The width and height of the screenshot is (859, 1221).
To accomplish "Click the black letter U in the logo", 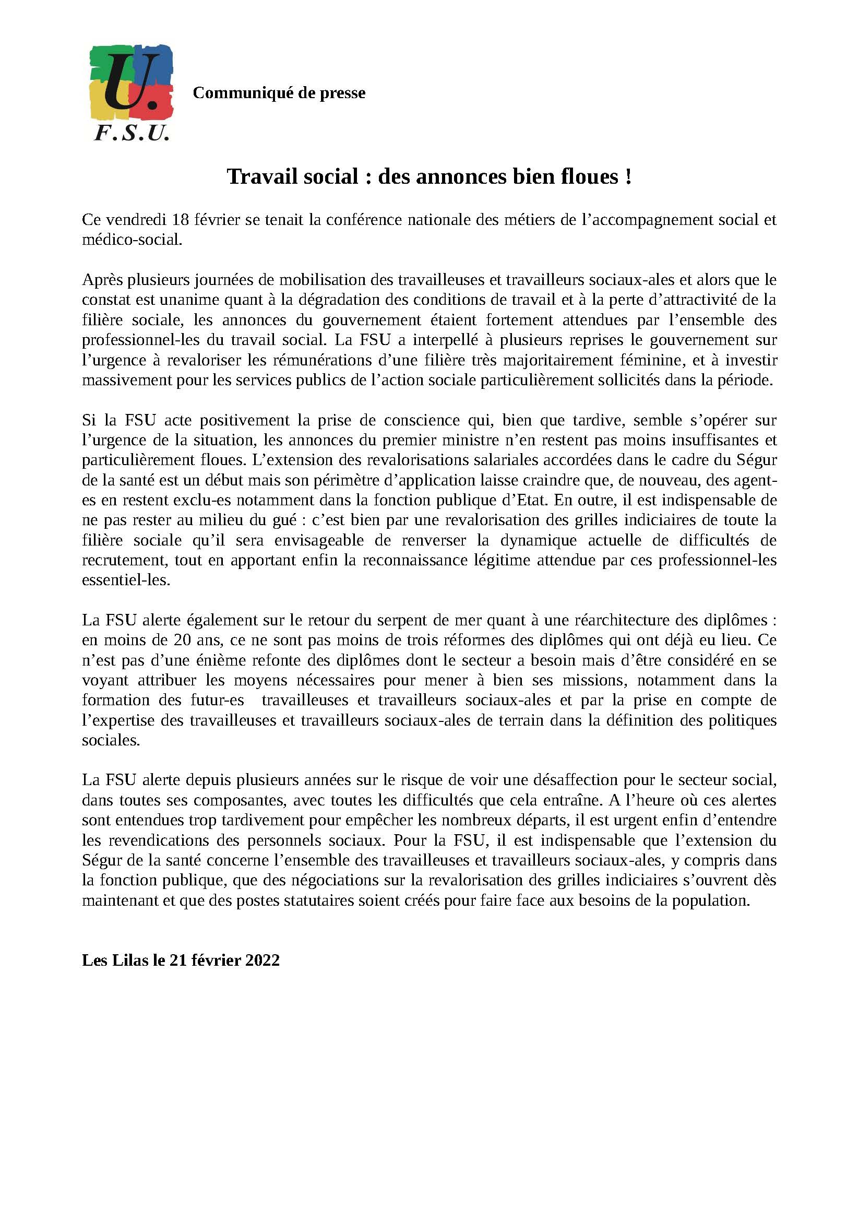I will tap(127, 80).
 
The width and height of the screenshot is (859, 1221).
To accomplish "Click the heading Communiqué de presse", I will tap(279, 93).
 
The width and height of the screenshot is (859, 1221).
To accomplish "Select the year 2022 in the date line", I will tap(263, 960).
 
